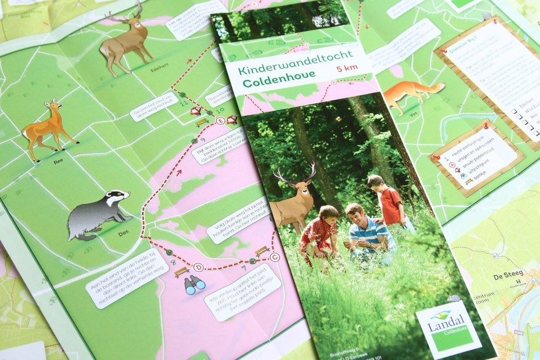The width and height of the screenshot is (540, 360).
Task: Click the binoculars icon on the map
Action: (x=194, y=284)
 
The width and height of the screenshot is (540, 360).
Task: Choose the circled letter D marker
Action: (x=198, y=267)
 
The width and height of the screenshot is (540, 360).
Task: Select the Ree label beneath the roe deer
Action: (x=58, y=161)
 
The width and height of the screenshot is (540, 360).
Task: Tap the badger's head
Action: (x=116, y=198)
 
